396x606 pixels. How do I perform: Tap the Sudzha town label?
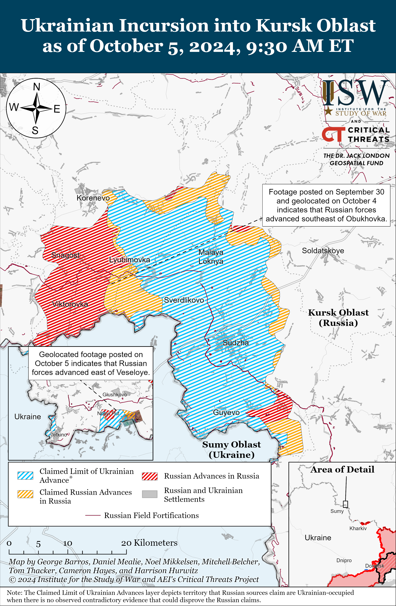click(236, 343)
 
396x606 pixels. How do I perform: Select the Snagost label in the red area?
click(65, 255)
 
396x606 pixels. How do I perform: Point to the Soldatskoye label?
click(323, 250)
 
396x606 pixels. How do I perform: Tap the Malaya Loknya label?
click(211, 257)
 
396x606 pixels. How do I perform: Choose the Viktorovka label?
click(70, 304)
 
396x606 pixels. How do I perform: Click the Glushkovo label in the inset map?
click(114, 394)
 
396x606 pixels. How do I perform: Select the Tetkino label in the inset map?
click(59, 435)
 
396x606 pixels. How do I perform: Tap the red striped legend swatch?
click(150, 476)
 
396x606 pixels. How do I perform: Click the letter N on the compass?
click(37, 87)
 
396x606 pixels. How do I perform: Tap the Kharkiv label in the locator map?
click(358, 528)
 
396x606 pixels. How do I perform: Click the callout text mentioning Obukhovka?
click(326, 205)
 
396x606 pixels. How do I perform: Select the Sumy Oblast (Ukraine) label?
click(231, 449)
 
